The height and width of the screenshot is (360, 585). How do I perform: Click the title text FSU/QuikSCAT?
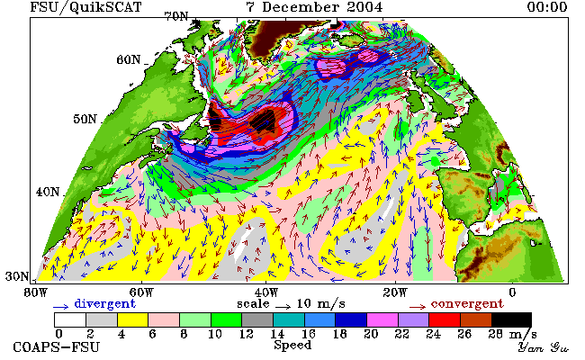pyautogui.click(x=85, y=7)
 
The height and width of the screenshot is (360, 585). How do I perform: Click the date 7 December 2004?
pyautogui.click(x=314, y=6)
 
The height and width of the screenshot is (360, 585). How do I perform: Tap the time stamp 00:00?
pyautogui.click(x=547, y=6)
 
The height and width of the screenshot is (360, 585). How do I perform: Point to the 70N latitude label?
pyautogui.click(x=176, y=16)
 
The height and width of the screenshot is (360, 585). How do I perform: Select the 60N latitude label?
pyautogui.click(x=129, y=59)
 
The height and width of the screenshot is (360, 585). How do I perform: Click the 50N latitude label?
pyautogui.click(x=85, y=119)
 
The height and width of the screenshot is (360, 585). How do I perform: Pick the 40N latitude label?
pyautogui.click(x=48, y=192)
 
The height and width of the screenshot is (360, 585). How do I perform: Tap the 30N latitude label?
pyautogui.click(x=17, y=276)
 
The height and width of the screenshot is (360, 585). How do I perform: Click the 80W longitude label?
pyautogui.click(x=36, y=292)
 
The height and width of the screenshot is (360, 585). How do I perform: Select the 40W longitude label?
pyautogui.click(x=266, y=292)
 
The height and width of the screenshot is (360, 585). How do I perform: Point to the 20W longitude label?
pyautogui.click(x=395, y=292)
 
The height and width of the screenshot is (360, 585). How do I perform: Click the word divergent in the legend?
pyautogui.click(x=104, y=303)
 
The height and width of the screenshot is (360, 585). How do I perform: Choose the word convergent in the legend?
pyautogui.click(x=467, y=303)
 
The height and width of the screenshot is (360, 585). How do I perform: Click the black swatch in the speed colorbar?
pyautogui.click(x=511, y=320)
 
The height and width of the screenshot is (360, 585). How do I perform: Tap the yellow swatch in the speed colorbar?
pyautogui.click(x=133, y=320)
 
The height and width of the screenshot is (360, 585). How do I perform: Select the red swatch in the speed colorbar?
pyautogui.click(x=445, y=320)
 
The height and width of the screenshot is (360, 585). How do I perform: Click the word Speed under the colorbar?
pyautogui.click(x=292, y=345)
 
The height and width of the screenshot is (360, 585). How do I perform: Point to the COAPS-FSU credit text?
pyautogui.click(x=57, y=346)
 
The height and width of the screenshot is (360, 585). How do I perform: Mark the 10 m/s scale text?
pyautogui.click(x=321, y=303)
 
